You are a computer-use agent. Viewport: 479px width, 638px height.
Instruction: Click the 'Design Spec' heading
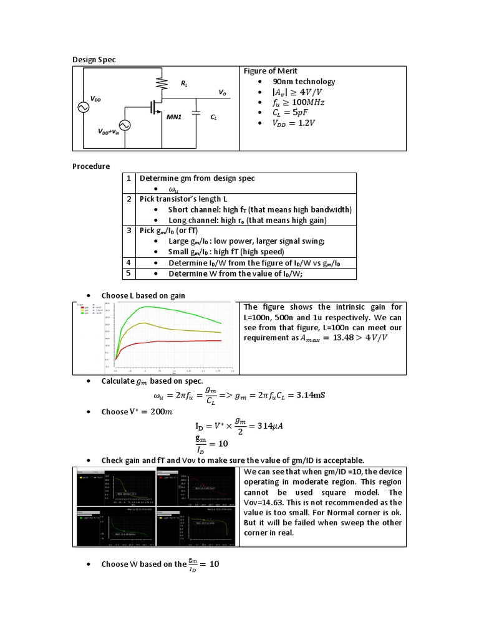click(x=94, y=59)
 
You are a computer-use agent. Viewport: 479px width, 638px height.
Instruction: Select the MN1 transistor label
click(x=173, y=117)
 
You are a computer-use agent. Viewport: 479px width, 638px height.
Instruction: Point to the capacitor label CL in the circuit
click(x=213, y=117)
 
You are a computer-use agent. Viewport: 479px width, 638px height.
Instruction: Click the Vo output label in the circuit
click(x=222, y=92)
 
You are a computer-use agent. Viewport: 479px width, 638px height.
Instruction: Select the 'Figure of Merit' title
click(x=270, y=71)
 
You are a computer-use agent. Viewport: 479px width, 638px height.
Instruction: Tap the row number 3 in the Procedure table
click(x=128, y=231)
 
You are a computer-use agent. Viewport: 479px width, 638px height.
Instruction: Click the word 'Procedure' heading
click(x=91, y=166)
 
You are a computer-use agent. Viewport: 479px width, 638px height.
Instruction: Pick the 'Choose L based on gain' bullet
click(x=143, y=295)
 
